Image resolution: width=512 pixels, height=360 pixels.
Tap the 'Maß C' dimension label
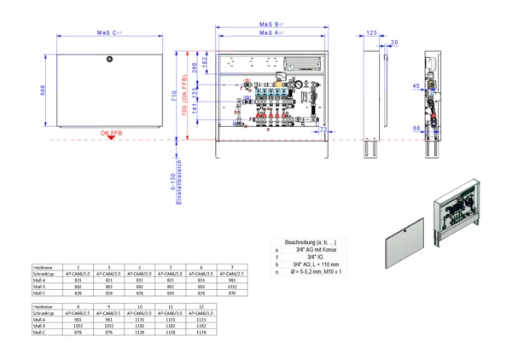click(x=108, y=32)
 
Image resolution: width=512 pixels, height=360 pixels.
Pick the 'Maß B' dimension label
click(x=272, y=26)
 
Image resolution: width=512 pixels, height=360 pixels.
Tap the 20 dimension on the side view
click(x=393, y=41)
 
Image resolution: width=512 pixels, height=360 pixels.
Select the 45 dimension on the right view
click(x=416, y=86)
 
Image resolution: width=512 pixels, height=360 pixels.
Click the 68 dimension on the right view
click(x=416, y=128)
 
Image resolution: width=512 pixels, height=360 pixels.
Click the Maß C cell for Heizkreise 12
click(x=201, y=334)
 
